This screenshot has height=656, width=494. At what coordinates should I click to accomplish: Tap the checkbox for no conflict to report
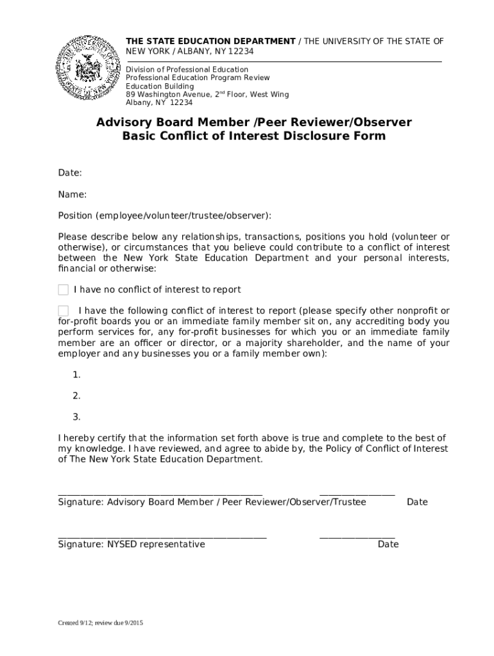click(63, 290)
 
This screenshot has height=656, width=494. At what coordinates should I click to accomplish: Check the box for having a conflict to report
click(63, 311)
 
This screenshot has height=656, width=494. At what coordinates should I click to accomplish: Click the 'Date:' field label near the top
click(69, 174)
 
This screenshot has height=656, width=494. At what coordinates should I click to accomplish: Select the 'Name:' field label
click(72, 195)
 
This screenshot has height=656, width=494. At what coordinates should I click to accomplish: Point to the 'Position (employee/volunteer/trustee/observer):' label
click(164, 216)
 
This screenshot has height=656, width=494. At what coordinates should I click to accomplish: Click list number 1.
click(76, 375)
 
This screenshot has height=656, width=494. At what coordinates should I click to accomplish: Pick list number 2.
click(76, 396)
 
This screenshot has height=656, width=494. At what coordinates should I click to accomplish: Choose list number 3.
click(76, 417)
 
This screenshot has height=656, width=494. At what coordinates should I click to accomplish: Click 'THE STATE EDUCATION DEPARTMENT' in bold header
click(210, 42)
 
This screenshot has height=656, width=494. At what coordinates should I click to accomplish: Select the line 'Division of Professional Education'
click(187, 69)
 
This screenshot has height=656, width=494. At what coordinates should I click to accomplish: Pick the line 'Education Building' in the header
click(160, 86)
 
